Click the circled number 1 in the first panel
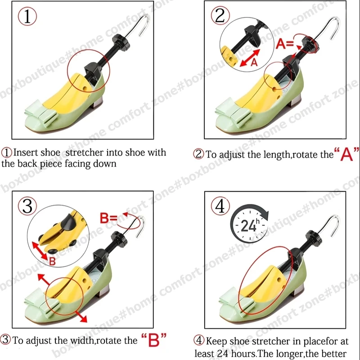click(27, 16)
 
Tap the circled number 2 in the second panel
click(220, 15)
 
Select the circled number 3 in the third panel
click(27, 206)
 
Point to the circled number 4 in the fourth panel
click(220, 206)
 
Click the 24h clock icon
click(250, 224)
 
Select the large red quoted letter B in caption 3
click(154, 339)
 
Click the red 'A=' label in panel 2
click(285, 43)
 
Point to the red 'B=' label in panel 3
click(108, 218)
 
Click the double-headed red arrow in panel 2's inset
click(250, 58)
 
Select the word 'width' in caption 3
click(82, 340)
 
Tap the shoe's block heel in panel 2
click(294, 101)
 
